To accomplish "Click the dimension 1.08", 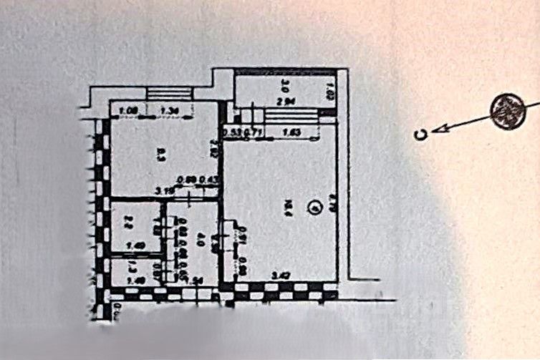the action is tap(129, 111).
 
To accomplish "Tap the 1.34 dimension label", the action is tap(169, 111).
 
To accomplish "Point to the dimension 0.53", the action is tap(230, 132).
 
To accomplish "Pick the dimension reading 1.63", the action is tap(291, 132).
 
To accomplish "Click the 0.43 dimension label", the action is tap(209, 180).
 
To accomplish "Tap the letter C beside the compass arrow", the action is tap(423, 134).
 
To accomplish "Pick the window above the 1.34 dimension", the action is tap(170, 93).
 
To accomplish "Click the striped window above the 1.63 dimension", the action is tap(291, 117).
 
